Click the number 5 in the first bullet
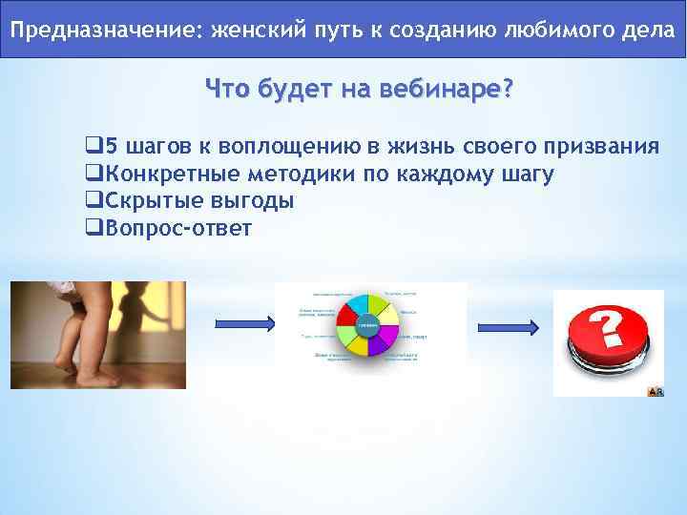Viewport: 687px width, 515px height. tap(110, 147)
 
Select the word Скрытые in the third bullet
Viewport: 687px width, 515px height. tap(148, 201)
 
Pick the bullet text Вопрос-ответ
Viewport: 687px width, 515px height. tap(177, 228)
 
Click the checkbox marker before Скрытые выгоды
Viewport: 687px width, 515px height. tap(94, 201)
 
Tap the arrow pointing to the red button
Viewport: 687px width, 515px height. tap(511, 324)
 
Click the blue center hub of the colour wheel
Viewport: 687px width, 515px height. tap(368, 326)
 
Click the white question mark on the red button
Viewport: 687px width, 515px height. tap(611, 329)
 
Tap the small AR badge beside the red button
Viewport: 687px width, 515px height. tap(656, 391)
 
